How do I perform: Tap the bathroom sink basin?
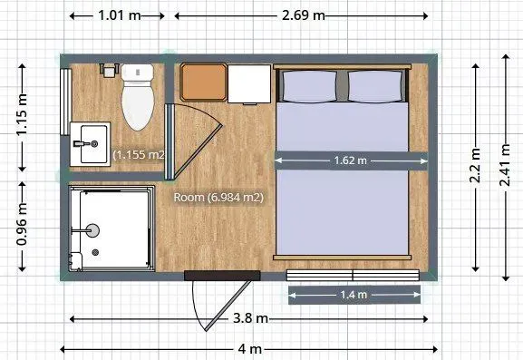coord(93,144)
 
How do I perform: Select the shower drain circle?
coord(96,253)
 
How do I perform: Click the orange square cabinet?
coord(203,83)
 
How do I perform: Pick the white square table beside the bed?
coord(249,83)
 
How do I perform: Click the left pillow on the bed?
coord(309,86)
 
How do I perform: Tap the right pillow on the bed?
coord(375,86)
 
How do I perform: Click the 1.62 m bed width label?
coord(350,161)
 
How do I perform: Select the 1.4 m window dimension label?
coord(354,295)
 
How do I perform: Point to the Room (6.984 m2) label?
coord(218,197)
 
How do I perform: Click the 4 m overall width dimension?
coord(250,349)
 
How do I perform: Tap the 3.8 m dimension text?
coord(250,318)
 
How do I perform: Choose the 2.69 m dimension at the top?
coord(303,15)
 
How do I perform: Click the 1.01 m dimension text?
coord(120,15)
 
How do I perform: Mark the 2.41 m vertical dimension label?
coord(505,164)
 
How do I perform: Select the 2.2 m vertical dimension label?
coord(475,165)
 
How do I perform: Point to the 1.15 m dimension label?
coord(22,114)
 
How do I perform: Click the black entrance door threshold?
coord(222,276)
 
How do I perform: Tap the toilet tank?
coord(138,73)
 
